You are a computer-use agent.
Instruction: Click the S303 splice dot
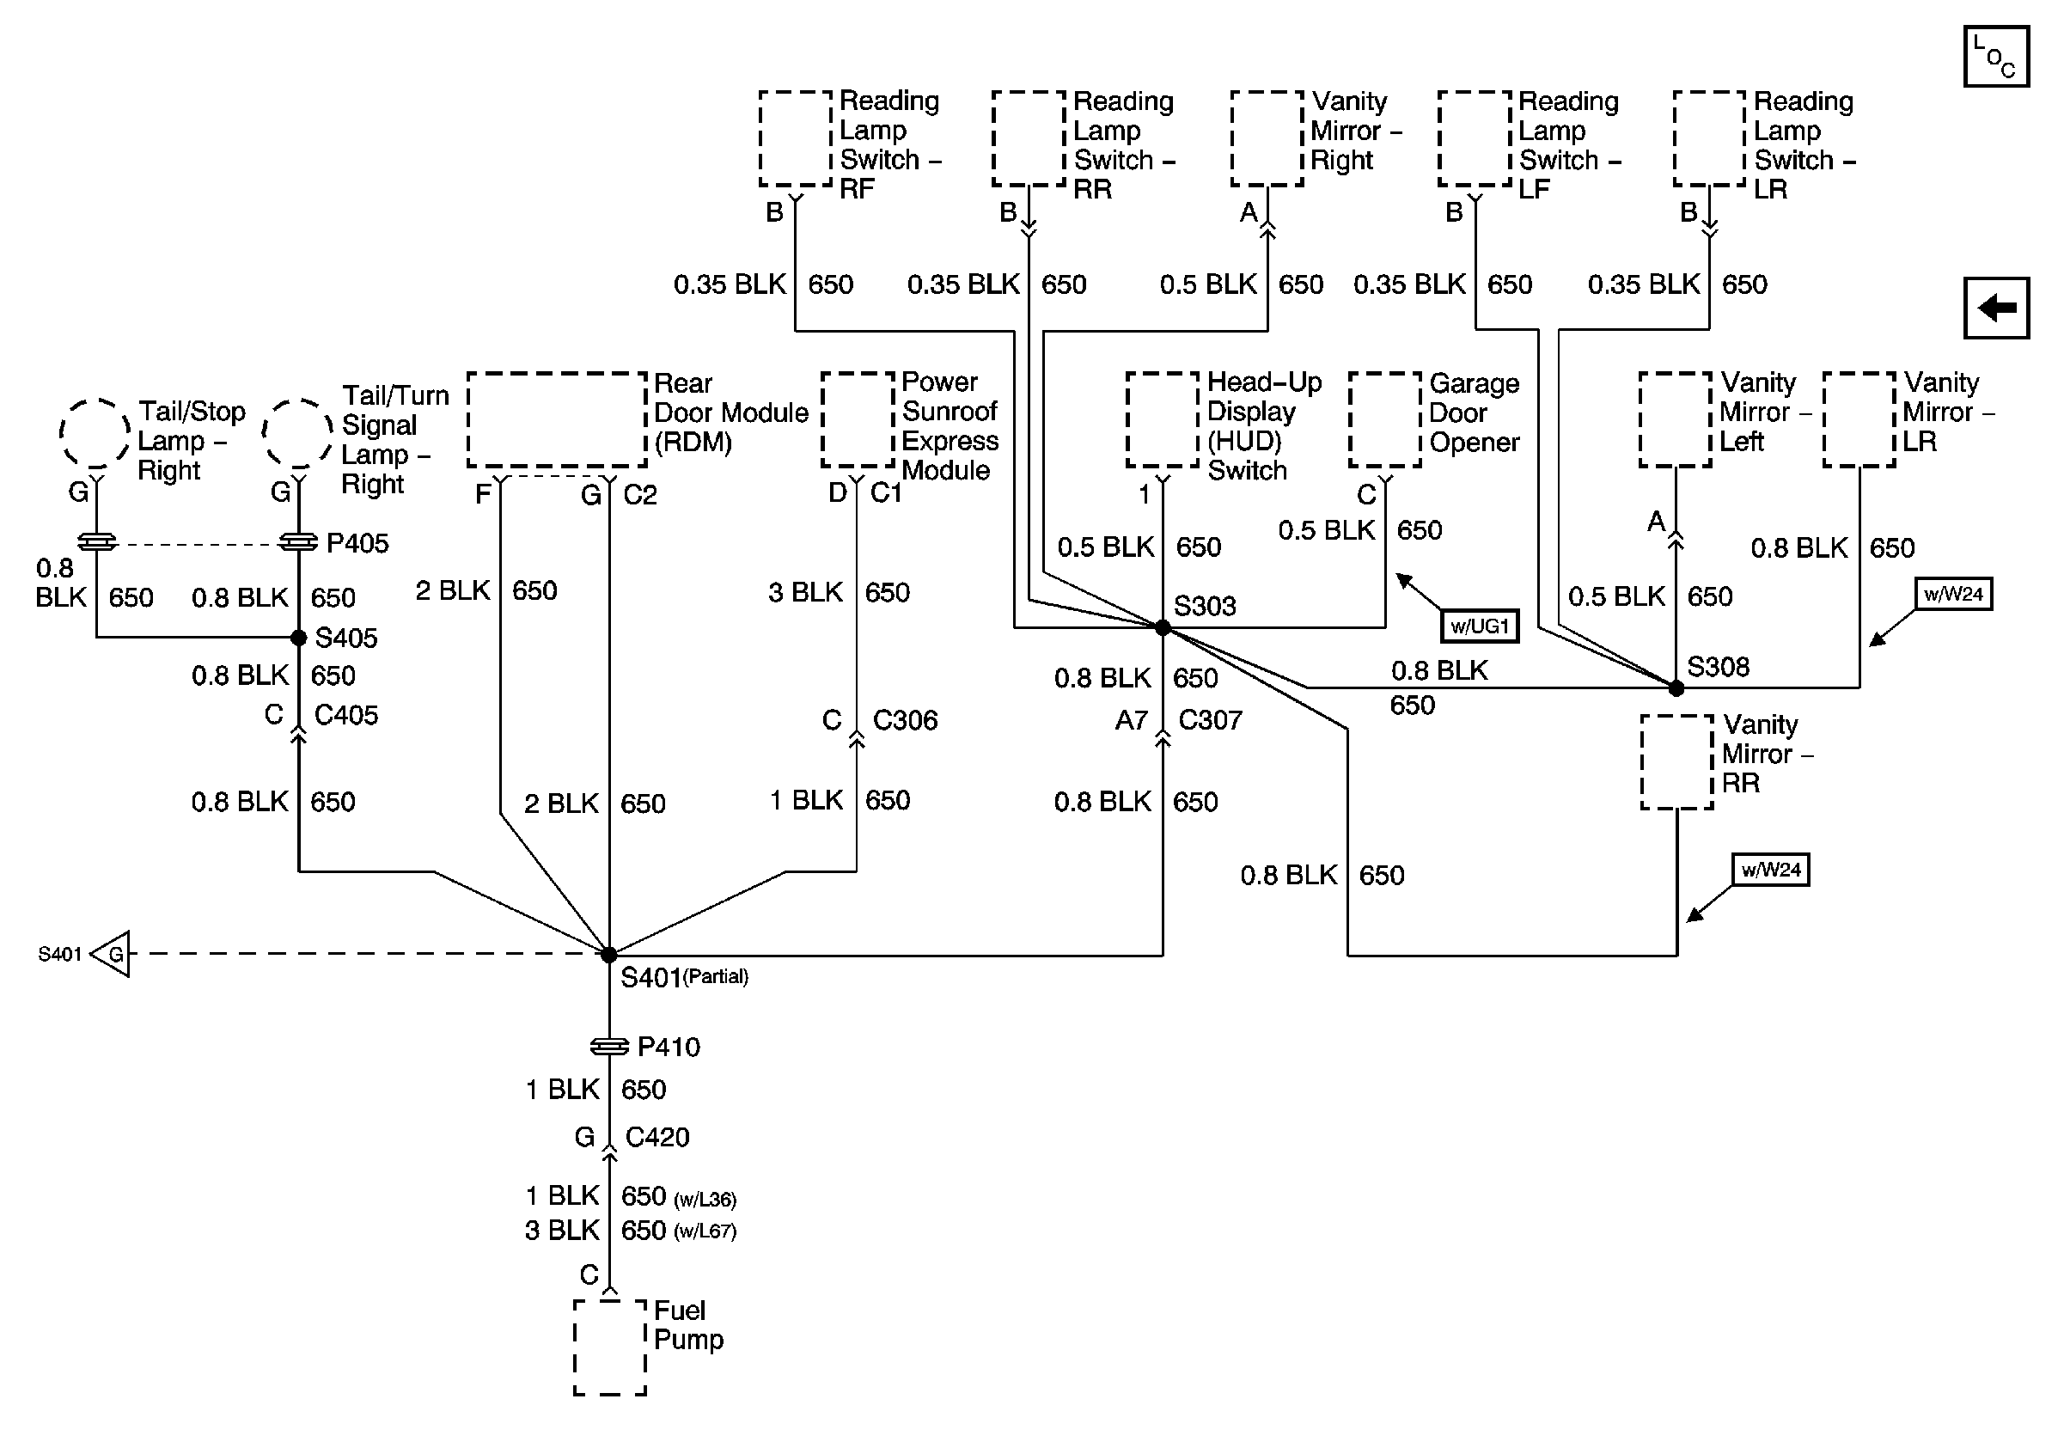pyautogui.click(x=1163, y=627)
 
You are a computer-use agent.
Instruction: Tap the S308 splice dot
pyautogui.click(x=1676, y=688)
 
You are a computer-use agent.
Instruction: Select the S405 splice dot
pyautogui.click(x=298, y=638)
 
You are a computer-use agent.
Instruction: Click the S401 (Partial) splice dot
pyautogui.click(x=608, y=955)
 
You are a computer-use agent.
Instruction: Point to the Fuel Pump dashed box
pyautogui.click(x=609, y=1347)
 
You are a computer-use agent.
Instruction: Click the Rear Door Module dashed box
pyautogui.click(x=557, y=419)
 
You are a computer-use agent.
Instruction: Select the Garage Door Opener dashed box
pyautogui.click(x=1384, y=419)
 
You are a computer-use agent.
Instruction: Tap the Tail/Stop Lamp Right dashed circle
pyautogui.click(x=95, y=433)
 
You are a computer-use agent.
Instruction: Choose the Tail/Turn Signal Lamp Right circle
pyautogui.click(x=297, y=433)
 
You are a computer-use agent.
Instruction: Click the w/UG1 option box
pyautogui.click(x=1479, y=626)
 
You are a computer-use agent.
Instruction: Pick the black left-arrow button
pyautogui.click(x=1997, y=309)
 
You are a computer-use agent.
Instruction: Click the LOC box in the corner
pyautogui.click(x=1995, y=57)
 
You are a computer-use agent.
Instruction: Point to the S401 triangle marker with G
pyautogui.click(x=112, y=954)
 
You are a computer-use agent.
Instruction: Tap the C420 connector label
pyautogui.click(x=657, y=1137)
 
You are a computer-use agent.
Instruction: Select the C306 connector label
pyautogui.click(x=904, y=720)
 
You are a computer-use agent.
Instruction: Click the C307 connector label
pyautogui.click(x=1210, y=720)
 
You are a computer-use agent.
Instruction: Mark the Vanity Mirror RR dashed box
pyautogui.click(x=1676, y=762)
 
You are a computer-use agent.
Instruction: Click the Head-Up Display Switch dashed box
pyautogui.click(x=1163, y=419)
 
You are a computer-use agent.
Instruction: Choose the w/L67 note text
pyautogui.click(x=705, y=1231)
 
